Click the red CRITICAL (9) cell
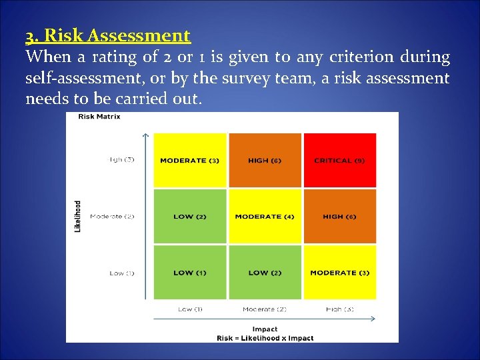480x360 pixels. (x=339, y=161)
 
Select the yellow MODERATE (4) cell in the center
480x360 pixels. (x=265, y=217)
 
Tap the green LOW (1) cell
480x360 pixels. (x=190, y=273)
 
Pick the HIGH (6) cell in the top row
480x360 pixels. (x=265, y=161)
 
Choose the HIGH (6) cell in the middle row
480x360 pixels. (x=339, y=217)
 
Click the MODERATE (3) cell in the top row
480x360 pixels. (x=190, y=161)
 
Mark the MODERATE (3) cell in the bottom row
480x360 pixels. (x=339, y=273)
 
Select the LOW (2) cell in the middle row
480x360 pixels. (x=190, y=217)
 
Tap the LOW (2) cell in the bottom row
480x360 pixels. (x=265, y=273)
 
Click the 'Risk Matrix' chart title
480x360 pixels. (x=99, y=117)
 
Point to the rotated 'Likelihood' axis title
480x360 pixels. (x=78, y=217)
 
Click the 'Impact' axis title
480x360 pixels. (x=265, y=329)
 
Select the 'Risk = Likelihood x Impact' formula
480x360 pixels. (x=265, y=338)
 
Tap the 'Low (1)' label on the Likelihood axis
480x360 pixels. (x=122, y=273)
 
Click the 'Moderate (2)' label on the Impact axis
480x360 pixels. (x=265, y=309)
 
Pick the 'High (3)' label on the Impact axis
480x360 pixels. (x=339, y=309)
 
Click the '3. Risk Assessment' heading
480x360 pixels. (x=108, y=35)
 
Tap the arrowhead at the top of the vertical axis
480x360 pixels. (x=145, y=135)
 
